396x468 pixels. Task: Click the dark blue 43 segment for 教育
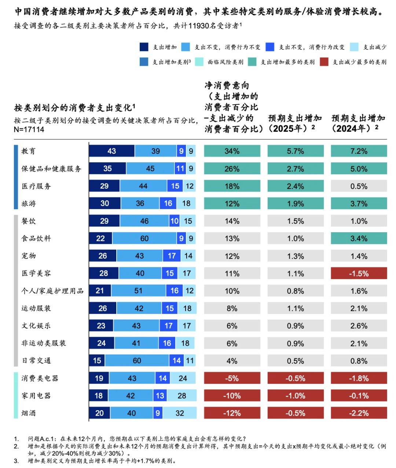coord(111,151)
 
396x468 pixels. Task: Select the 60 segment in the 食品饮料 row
coord(144,238)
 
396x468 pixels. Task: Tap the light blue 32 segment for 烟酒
coord(180,413)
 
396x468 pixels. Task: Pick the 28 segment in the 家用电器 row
coord(182,396)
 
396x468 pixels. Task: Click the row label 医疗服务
coord(36,186)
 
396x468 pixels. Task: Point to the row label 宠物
coord(29,256)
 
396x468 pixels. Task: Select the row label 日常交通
coord(36,361)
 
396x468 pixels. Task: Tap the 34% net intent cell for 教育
coord(232,151)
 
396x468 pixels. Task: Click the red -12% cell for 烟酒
coord(232,413)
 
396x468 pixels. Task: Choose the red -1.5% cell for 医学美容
coord(359,274)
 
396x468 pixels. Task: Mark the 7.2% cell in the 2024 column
coord(359,151)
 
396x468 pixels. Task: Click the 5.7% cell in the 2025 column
coord(295,151)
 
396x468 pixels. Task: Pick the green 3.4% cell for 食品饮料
coord(359,238)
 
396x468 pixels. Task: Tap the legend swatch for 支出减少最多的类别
coord(324,62)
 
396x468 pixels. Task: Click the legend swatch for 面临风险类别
coord(199,62)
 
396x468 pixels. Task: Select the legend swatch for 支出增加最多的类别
coord(252,62)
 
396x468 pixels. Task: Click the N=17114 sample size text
coord(29,130)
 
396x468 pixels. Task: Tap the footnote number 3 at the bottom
coord(16,461)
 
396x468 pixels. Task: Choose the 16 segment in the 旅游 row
coord(168,204)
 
